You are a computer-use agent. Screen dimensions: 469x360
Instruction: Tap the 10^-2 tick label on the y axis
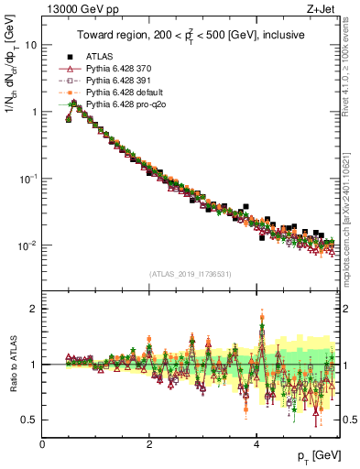pos(27,245)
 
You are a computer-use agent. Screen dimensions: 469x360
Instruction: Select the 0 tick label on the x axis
pos(43,444)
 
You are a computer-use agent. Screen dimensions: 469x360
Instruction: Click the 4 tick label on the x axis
pos(256,444)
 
